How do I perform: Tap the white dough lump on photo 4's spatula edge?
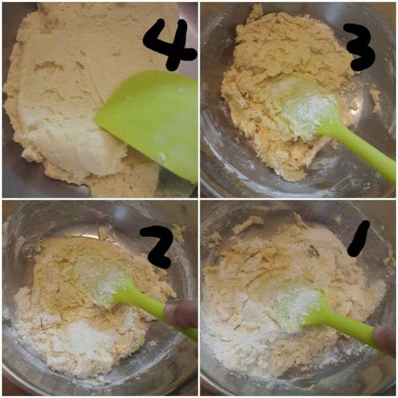tap(162, 157)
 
